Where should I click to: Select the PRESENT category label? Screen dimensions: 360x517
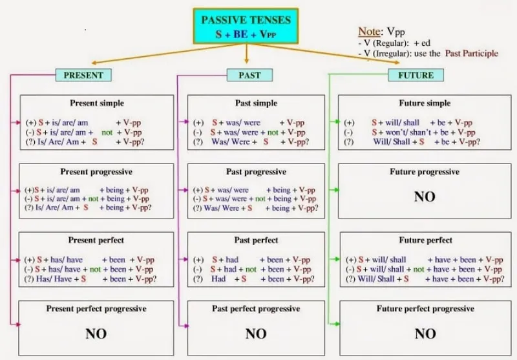[x=83, y=76]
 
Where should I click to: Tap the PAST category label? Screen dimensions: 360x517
[x=249, y=76]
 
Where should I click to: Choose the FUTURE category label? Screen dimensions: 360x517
[x=416, y=76]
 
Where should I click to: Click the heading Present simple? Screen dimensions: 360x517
[x=97, y=103]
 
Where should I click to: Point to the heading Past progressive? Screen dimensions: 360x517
[x=256, y=172]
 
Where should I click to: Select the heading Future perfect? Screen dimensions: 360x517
[x=425, y=240]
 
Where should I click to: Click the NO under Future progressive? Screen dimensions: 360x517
[x=425, y=196]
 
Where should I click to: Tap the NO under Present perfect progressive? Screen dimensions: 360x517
[x=96, y=334]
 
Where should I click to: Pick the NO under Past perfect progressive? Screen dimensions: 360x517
[x=256, y=334]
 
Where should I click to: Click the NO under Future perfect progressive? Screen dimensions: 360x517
[x=425, y=334]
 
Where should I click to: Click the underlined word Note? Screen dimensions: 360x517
[x=369, y=31]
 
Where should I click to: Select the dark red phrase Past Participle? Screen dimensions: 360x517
[x=471, y=54]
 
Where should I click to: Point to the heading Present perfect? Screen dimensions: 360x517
[x=96, y=240]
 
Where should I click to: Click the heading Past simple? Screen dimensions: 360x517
[x=257, y=103]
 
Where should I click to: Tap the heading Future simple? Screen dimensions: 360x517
[x=425, y=103]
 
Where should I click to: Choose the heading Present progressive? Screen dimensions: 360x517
[x=96, y=172]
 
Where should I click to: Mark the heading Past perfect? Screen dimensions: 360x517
[x=257, y=240]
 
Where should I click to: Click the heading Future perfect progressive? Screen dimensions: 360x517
[x=425, y=309]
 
